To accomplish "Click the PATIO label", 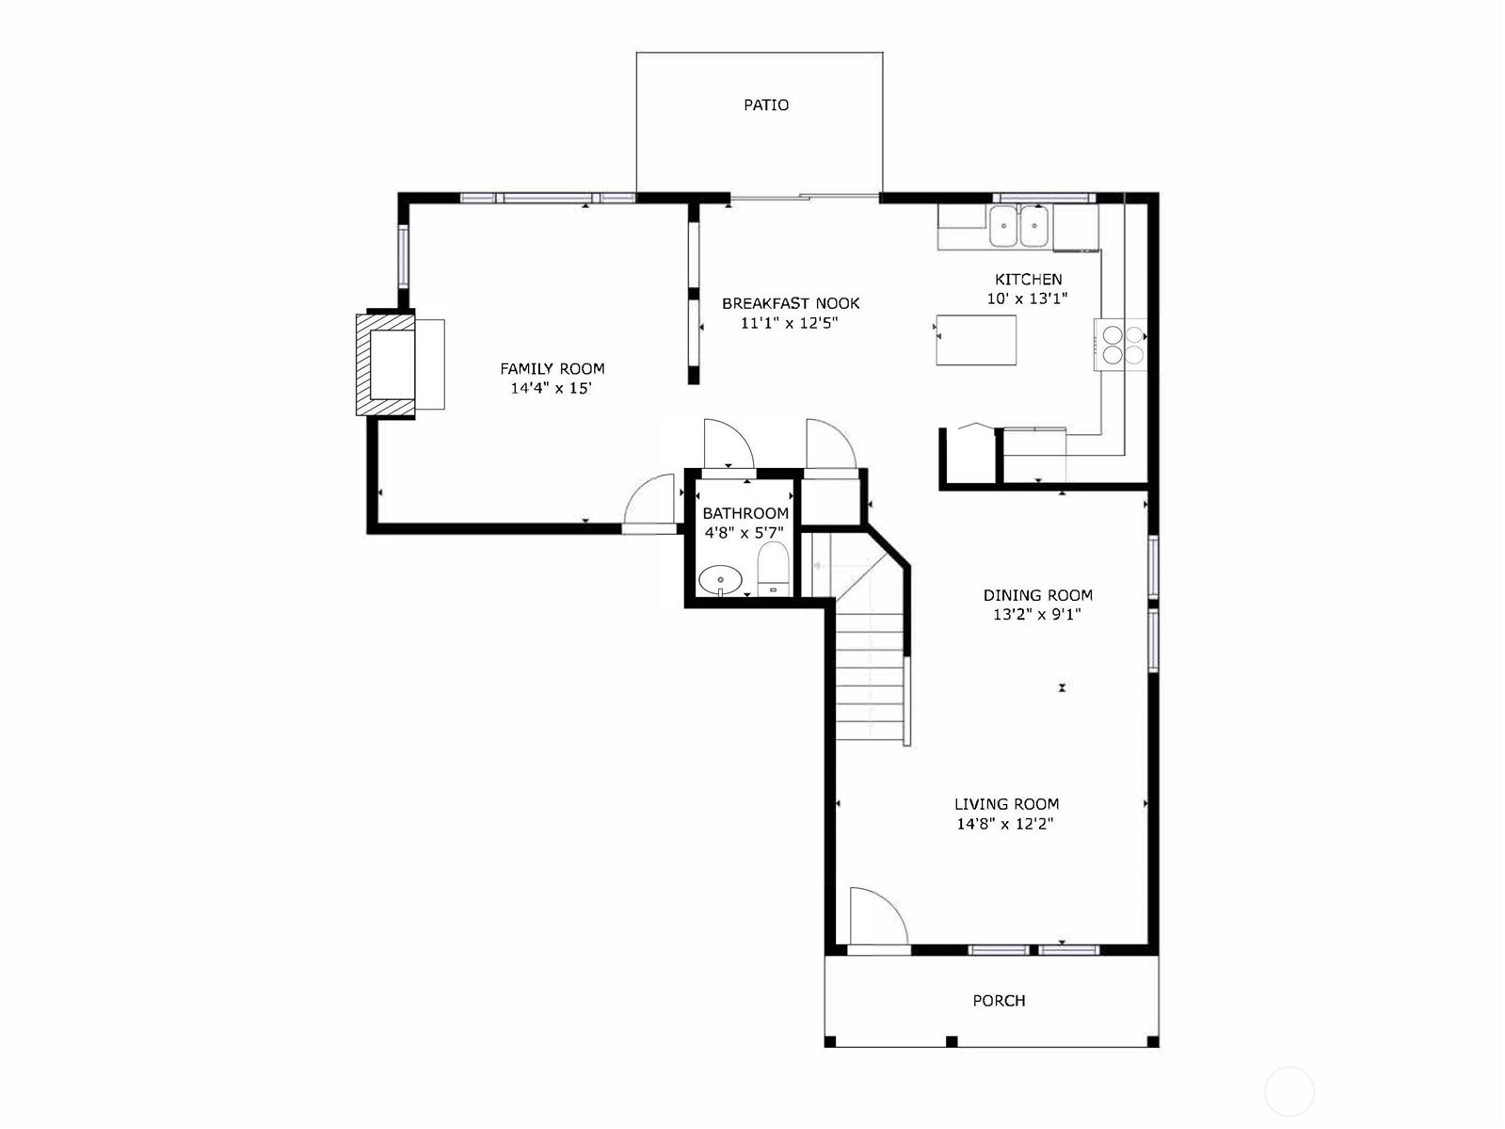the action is (766, 105).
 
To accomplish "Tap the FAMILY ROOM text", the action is (552, 368).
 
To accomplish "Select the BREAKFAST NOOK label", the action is (791, 303).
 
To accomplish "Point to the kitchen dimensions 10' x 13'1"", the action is (1028, 298).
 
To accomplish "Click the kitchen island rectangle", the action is (976, 340).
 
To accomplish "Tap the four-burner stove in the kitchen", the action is (1120, 345).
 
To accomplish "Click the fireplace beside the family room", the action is (385, 364).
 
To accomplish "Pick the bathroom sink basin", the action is (720, 580).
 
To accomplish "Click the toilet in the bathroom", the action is (774, 569).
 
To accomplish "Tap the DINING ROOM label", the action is (1037, 595).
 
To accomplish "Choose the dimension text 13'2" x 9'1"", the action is (1037, 614).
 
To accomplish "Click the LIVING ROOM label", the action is (1006, 803).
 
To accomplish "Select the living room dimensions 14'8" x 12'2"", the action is (1005, 823).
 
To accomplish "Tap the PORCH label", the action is (999, 1001).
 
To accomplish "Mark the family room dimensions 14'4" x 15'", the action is (552, 388).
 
